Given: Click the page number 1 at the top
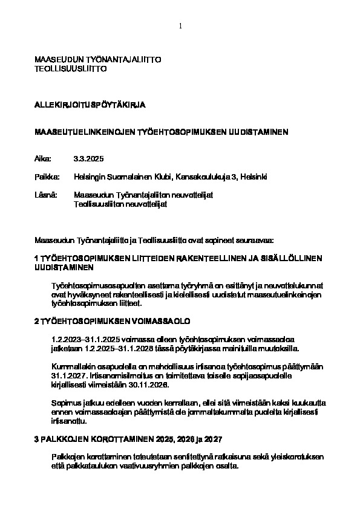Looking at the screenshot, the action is (180, 25).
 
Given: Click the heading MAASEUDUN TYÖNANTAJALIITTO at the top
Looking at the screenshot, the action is (99, 60).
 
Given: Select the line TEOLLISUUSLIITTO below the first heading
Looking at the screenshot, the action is (71, 69).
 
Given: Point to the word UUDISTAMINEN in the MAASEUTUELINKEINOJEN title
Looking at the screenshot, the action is (258, 131).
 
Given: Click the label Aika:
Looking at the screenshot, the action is (44, 158).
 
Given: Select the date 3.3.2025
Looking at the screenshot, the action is (89, 158).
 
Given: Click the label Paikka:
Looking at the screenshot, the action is (47, 177).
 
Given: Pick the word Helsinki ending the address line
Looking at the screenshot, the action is (254, 177).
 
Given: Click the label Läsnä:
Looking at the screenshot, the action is (46, 195).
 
